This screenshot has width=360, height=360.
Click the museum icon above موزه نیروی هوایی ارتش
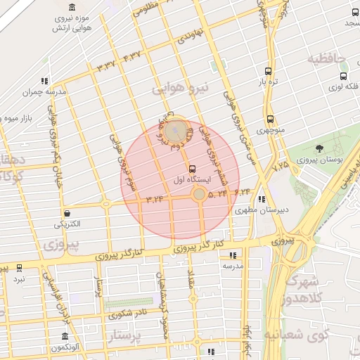73,6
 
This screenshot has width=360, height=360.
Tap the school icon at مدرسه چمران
45,81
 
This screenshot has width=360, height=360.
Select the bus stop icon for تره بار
268,71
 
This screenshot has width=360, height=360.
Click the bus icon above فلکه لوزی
343,76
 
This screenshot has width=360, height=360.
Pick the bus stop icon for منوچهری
271,120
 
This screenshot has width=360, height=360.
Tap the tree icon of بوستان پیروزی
320,149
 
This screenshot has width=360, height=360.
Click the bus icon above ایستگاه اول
193,169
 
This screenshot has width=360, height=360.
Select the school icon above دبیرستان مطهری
262,199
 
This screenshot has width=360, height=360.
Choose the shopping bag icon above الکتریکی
67,213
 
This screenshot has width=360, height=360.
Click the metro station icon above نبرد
19,268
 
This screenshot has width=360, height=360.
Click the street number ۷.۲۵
281,165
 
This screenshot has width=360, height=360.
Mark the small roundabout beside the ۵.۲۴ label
200,193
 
